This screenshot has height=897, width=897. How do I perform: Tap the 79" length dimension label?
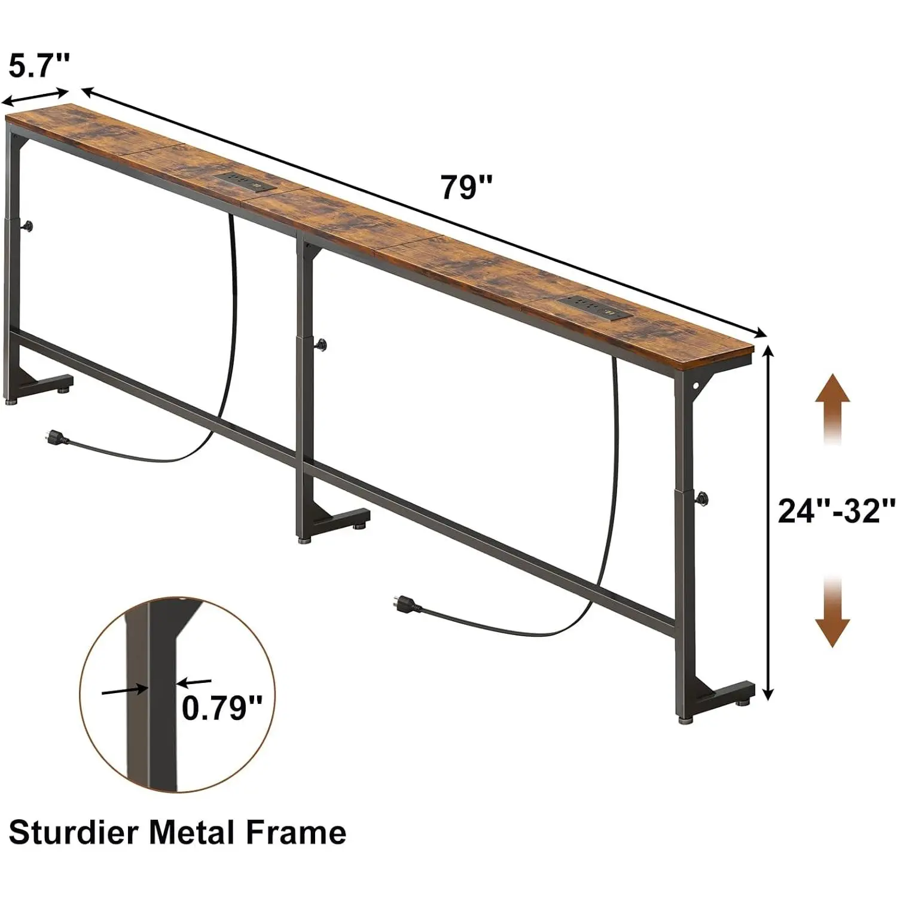(x=467, y=187)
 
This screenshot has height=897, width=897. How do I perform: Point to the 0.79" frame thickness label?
(x=222, y=709)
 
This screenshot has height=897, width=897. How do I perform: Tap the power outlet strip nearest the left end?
(x=246, y=181)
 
